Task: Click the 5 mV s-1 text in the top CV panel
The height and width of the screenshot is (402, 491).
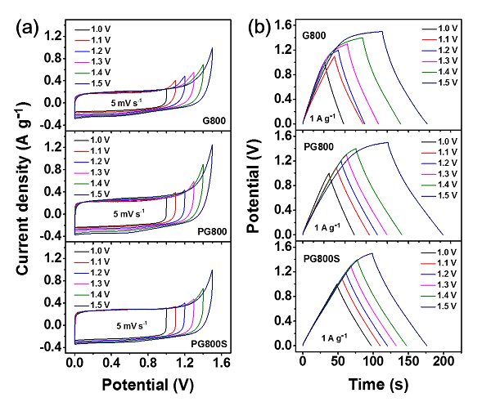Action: (x=131, y=104)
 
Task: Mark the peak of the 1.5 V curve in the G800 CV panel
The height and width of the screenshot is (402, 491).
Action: (x=212, y=48)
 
